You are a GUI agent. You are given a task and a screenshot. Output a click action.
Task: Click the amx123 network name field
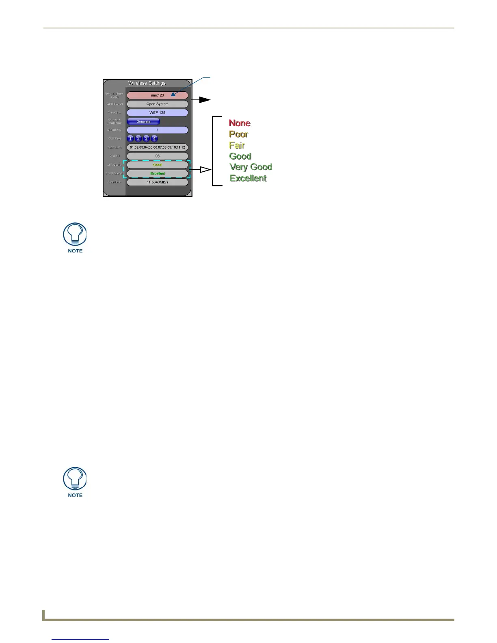(158, 95)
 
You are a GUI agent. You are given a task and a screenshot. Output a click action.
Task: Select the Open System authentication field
(158, 104)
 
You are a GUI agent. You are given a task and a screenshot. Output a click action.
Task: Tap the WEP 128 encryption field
(158, 112)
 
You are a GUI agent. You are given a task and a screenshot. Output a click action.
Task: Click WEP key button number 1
(131, 138)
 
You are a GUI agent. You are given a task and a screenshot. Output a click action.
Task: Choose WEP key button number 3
(147, 138)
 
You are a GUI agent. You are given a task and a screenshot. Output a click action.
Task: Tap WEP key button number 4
(154, 138)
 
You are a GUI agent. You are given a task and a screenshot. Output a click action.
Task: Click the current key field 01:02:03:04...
(158, 147)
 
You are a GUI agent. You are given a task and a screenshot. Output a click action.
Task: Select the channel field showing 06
(158, 156)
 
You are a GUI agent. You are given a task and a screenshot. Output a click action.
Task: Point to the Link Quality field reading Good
(158, 165)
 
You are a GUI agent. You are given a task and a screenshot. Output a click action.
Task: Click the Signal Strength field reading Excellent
(158, 173)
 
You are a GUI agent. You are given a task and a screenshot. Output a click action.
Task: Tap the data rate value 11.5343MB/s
(158, 182)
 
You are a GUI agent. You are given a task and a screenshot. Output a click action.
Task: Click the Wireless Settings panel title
(147, 83)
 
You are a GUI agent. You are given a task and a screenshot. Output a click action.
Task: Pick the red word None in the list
(240, 123)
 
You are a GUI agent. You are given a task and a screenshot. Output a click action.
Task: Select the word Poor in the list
(239, 134)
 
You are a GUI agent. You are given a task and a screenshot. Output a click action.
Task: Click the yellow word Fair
(237, 145)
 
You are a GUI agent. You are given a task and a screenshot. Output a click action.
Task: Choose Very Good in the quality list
(251, 167)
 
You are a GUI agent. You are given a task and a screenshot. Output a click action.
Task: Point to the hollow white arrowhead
(205, 170)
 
